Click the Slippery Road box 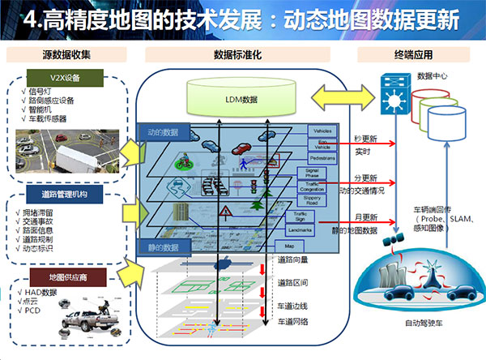pos(312,199)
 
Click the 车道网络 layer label pos(292,321)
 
